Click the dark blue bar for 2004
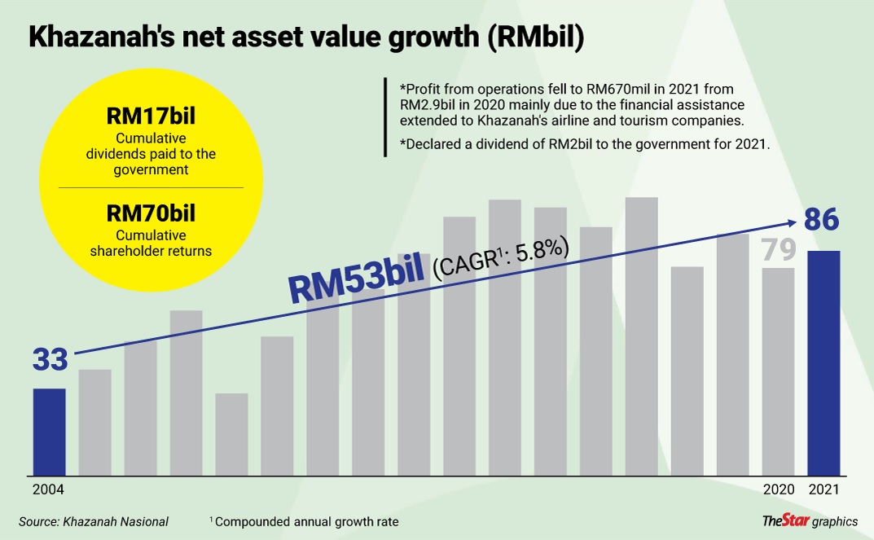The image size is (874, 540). [x=49, y=432]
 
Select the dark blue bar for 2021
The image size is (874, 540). [x=823, y=362]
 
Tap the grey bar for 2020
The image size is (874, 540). [x=778, y=371]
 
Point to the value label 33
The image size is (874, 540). [x=50, y=359]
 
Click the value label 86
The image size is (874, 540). [x=822, y=221]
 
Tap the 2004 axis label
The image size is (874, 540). [x=48, y=490]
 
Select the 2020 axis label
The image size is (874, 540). [x=778, y=490]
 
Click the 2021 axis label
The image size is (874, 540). [x=823, y=490]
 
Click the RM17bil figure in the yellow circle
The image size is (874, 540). [x=152, y=116]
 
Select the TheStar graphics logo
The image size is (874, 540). [x=810, y=520]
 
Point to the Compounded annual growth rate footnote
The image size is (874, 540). [x=307, y=521]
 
